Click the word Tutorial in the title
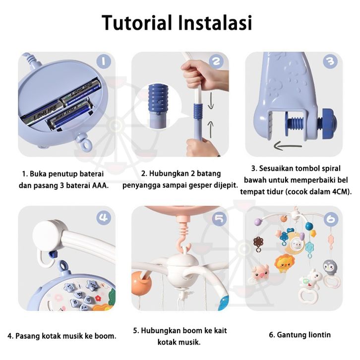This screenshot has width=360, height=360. (137, 22)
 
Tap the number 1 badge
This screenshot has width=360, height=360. (104, 61)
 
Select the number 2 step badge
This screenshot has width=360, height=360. (216, 61)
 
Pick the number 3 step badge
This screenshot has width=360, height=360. (330, 61)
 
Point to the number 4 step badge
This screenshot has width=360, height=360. (104, 218)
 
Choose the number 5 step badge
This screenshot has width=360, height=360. (219, 219)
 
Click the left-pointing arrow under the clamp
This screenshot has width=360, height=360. (288, 146)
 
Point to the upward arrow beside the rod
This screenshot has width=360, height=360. (211, 129)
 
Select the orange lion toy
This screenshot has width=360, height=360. (285, 263)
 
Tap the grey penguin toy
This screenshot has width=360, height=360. (330, 266)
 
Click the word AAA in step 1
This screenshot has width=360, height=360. (100, 185)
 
